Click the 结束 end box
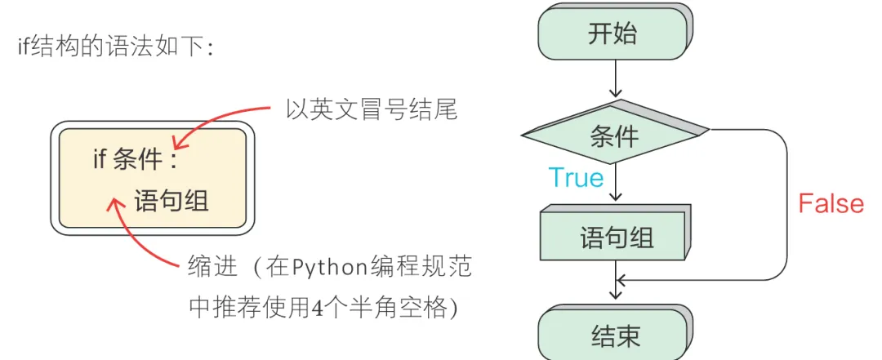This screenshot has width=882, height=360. [x=614, y=336]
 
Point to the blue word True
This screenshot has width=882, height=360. [x=576, y=178]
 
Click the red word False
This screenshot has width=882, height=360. [x=831, y=203]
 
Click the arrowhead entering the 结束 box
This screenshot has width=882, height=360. [x=615, y=303]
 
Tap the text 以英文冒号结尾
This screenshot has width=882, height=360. [x=370, y=109]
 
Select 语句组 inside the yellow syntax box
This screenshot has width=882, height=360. [x=171, y=199]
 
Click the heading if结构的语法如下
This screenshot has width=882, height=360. [x=115, y=47]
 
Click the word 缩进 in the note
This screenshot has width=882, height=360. [x=212, y=266]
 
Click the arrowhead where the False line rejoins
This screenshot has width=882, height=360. [x=622, y=281]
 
